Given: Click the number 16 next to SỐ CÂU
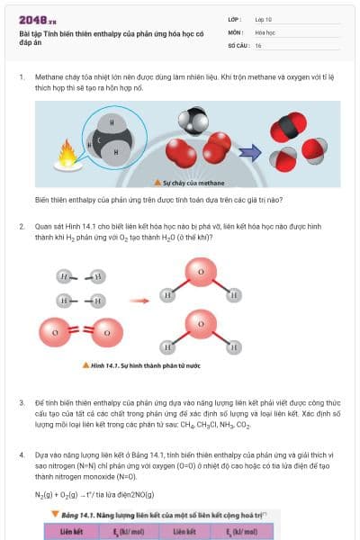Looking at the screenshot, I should (259, 44).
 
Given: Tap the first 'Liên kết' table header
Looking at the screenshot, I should (73, 531).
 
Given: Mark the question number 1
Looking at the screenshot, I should (22, 78).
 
